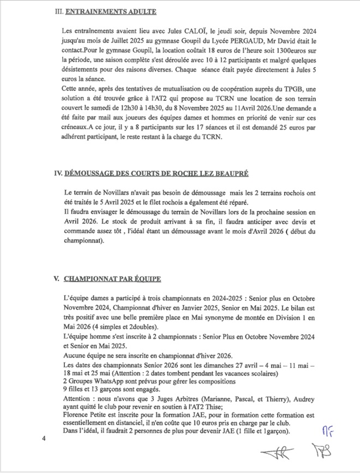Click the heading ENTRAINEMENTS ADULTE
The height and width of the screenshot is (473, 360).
(x=111, y=11)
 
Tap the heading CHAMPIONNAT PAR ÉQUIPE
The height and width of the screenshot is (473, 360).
(x=112, y=278)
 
